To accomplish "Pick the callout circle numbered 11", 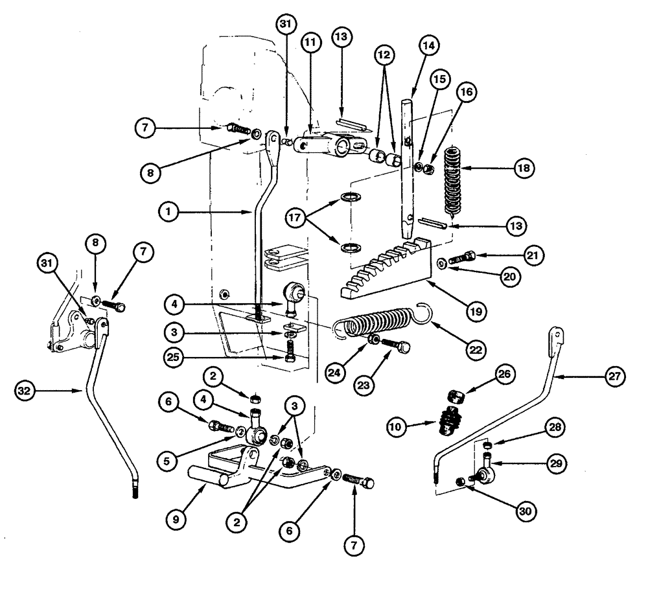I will [x=310, y=43].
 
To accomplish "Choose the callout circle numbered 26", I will [x=503, y=374].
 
